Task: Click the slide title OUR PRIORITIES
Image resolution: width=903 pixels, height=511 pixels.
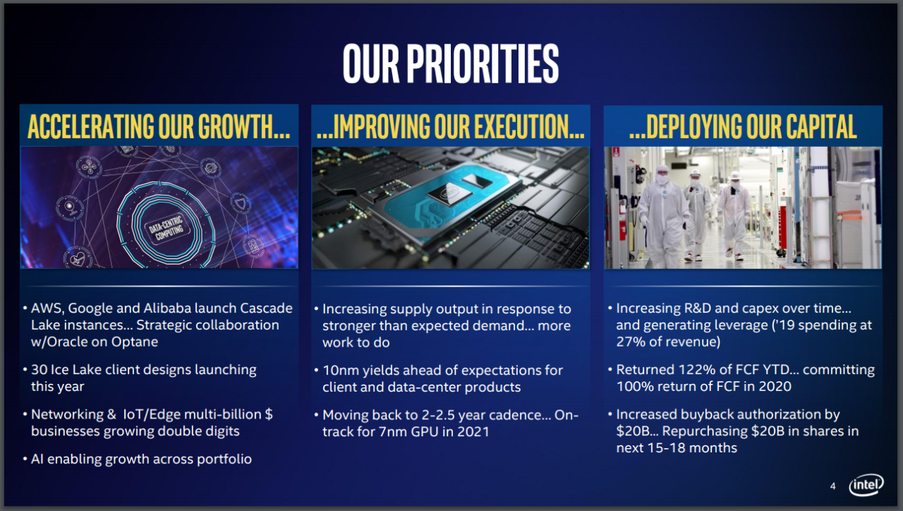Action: coord(451,63)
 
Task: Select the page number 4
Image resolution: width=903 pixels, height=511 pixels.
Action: coord(832,486)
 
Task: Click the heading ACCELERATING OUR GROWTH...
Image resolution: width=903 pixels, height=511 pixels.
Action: coord(159,127)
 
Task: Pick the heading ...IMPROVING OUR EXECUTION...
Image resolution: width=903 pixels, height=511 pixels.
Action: coord(450,127)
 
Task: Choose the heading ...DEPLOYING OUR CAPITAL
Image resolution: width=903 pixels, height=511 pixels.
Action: coord(743,127)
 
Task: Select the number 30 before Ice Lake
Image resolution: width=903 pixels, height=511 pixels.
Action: coord(39,369)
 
